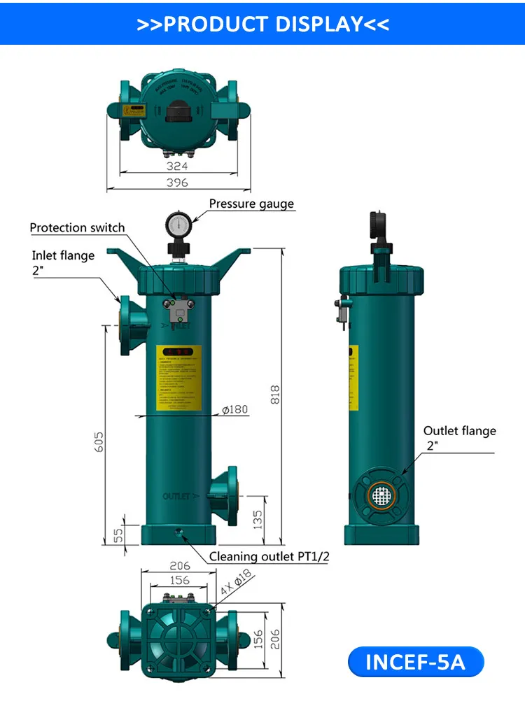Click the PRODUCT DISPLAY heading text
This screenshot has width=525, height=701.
262,23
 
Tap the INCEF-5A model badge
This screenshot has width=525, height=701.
415,661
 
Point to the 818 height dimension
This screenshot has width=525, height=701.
275,395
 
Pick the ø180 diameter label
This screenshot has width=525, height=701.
235,409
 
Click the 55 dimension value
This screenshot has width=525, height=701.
118,534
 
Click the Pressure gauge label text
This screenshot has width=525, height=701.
251,204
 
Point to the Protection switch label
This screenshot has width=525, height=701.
77,227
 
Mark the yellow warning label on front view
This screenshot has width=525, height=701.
178,378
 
